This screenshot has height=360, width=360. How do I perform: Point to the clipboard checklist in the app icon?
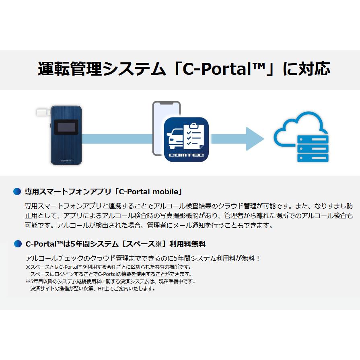click(194, 134)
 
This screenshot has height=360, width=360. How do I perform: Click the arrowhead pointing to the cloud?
click(255, 139)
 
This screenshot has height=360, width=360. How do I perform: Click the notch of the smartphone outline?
click(166, 103)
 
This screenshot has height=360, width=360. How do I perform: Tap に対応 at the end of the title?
click(306, 69)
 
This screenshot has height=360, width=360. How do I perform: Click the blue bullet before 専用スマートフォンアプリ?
click(17, 191)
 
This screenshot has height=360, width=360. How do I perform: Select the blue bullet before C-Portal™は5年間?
click(17, 244)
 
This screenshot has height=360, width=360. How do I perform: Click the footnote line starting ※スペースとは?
click(109, 267)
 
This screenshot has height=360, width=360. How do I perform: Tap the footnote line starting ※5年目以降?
click(111, 281)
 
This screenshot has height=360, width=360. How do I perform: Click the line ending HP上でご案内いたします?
click(93, 288)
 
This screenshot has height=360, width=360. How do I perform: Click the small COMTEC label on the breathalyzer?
click(66, 160)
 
